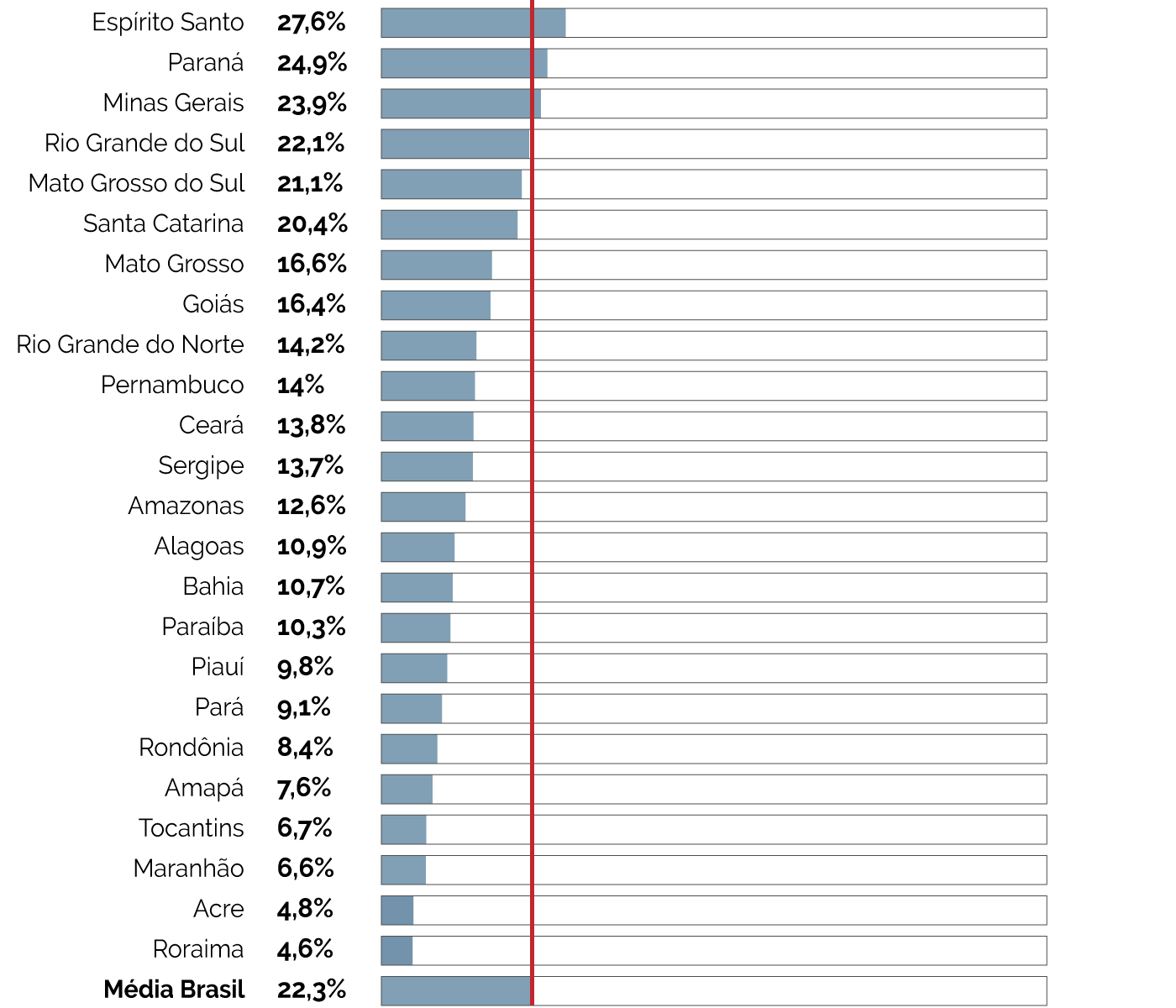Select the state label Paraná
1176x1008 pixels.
click(206, 63)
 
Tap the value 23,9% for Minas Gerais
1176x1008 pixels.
click(312, 103)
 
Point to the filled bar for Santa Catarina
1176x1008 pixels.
click(449, 224)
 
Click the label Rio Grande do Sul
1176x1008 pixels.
click(144, 144)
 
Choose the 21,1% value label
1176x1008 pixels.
click(310, 184)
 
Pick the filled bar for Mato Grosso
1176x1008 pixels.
click(436, 265)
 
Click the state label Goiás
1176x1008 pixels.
click(213, 305)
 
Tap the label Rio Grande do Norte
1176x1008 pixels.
click(130, 345)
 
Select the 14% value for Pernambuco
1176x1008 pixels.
click(301, 386)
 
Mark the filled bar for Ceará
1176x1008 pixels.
click(427, 426)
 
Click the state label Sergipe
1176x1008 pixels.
click(201, 466)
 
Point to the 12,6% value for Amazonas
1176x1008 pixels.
click(311, 507)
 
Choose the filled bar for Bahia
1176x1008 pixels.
click(417, 587)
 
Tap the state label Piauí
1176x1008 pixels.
click(218, 668)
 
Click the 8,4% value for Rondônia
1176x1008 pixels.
click(305, 748)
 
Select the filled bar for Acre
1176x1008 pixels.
click(397, 910)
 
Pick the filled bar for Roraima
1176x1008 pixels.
click(396, 950)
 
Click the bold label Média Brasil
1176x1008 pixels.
click(174, 990)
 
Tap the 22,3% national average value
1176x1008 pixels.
click(311, 990)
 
